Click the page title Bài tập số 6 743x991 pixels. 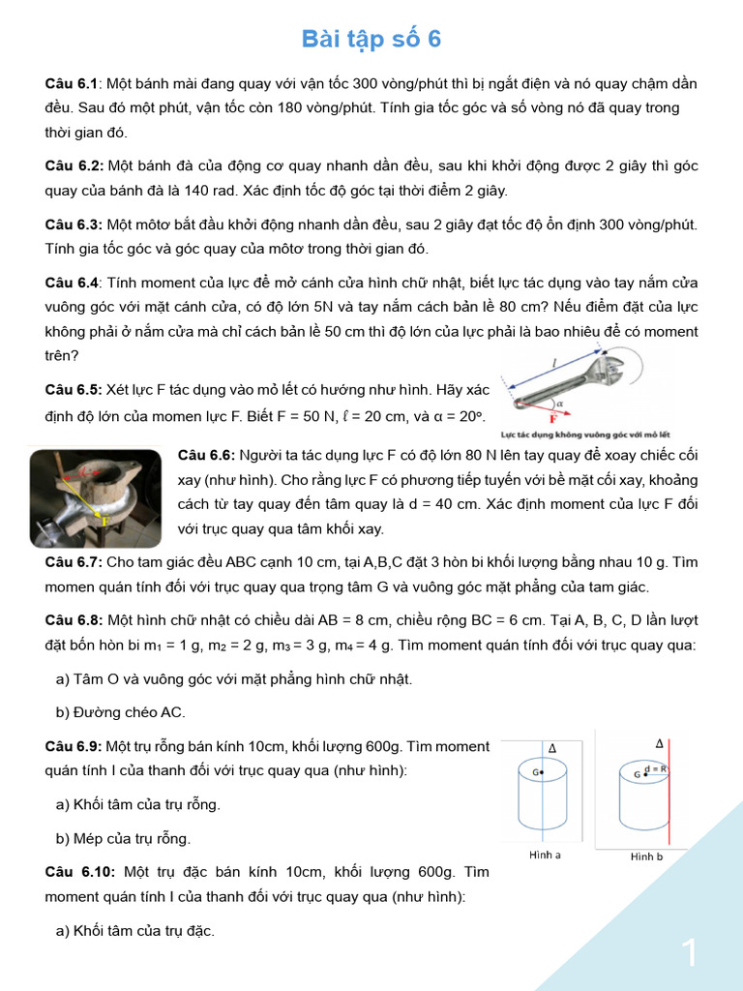[371, 39]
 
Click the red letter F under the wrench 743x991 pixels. [553, 419]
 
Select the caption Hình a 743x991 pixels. [545, 855]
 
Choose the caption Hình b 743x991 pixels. [646, 856]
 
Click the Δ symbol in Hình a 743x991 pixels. [552, 748]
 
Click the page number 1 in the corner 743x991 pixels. [690, 953]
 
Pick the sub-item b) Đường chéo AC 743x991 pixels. [120, 712]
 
